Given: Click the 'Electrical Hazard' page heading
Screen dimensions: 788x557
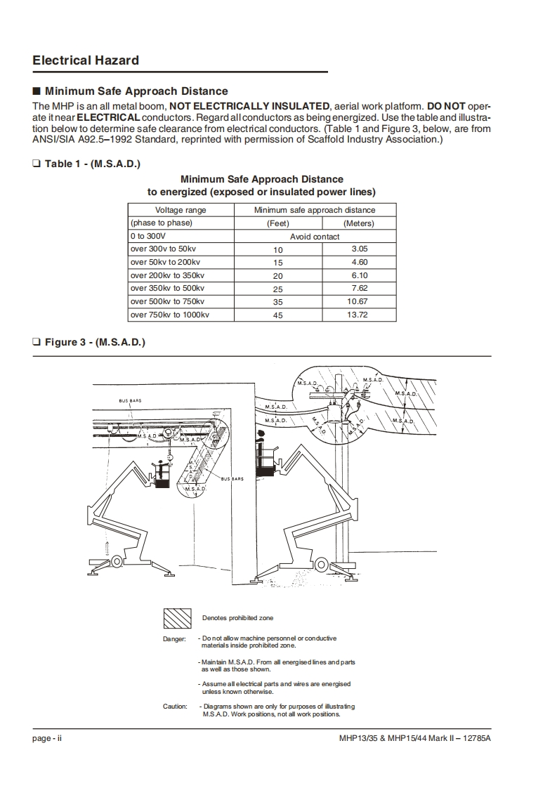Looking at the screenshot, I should [86, 60].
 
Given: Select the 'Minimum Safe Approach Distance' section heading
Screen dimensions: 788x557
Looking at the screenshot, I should [136, 91].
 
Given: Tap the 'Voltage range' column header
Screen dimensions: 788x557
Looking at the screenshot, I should [181, 210].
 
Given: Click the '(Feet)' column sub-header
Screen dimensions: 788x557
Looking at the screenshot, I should [278, 223].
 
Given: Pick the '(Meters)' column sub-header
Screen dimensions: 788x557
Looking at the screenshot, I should [359, 223].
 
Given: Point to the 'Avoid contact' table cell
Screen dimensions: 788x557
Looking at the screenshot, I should [315, 237].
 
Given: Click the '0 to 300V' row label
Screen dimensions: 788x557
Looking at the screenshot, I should [147, 237].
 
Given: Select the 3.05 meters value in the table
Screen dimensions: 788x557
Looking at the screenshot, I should [359, 249].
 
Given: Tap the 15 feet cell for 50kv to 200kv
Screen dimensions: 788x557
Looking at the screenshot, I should [278, 263].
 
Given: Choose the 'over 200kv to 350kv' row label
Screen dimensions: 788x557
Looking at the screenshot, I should [167, 276].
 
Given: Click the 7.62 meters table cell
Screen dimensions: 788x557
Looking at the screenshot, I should [359, 289].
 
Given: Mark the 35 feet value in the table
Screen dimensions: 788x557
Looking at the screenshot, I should [278, 302].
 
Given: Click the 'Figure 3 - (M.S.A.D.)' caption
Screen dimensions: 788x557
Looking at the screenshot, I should [95, 342].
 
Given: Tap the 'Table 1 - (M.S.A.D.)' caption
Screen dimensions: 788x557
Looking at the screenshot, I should [92, 164].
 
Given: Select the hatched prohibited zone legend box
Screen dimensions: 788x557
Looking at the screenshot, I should [178, 618].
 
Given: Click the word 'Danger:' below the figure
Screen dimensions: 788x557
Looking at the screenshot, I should [175, 639].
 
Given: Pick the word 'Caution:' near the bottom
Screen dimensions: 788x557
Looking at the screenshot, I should [176, 707].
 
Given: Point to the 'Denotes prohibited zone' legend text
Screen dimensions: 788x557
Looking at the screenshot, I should [237, 618].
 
